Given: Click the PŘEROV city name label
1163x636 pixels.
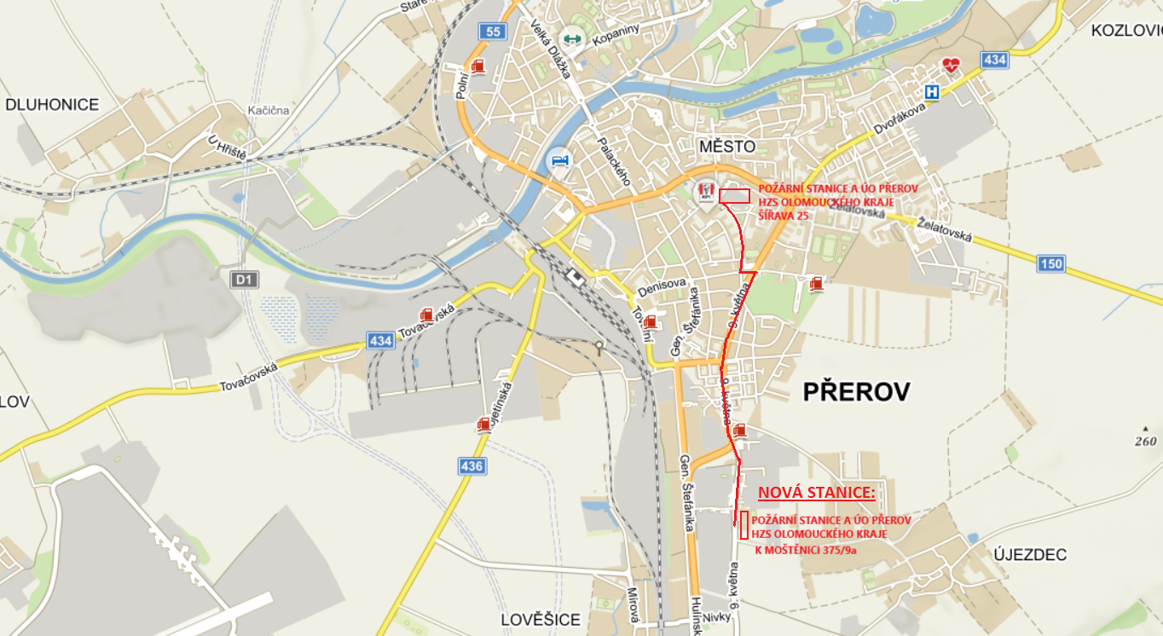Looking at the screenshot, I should tap(856, 392).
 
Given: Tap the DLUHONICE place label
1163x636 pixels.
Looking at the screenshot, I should tap(52, 105).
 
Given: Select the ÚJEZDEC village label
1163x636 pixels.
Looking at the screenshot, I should tap(1030, 555).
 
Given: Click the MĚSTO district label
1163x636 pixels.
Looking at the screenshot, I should tap(726, 147).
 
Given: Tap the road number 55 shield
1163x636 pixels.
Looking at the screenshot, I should tap(492, 32).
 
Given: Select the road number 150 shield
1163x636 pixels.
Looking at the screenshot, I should tap(1051, 263).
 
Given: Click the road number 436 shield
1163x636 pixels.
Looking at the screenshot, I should tap(472, 466).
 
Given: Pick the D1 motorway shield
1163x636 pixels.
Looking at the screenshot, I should tap(244, 279).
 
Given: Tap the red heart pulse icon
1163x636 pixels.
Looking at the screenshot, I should tap(951, 65).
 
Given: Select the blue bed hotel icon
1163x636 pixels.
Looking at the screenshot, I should tap(558, 160).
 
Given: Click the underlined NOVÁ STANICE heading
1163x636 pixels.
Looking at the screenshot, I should tap(816, 493).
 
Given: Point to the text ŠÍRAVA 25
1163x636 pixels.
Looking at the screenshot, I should tap(784, 217).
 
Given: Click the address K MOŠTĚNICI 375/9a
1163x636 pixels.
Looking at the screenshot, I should tap(806, 550).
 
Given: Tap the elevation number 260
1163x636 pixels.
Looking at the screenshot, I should tap(1145, 441).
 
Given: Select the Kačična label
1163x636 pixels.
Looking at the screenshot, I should tap(269, 111).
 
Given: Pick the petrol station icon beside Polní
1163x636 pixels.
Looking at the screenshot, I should tap(478, 66).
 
